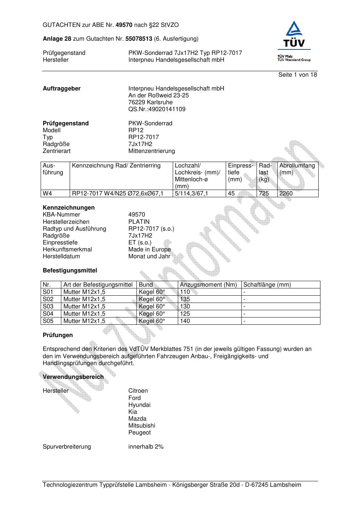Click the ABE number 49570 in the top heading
pos(124,25)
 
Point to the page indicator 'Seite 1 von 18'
pos(297,75)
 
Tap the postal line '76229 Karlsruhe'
pos(150,102)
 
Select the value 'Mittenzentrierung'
pos(151,151)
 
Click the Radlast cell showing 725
pos(264,194)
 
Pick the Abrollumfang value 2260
pos(286,194)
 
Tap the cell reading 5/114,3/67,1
pos(191,194)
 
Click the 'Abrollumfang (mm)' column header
pos(297,169)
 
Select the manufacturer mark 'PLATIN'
pos(139,222)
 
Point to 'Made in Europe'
pos(149,250)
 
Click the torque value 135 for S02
pos(185,299)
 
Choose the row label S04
pos(48,314)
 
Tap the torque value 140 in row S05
pos(185,321)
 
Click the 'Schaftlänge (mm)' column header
pos(267,285)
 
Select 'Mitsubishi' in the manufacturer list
pos(142,426)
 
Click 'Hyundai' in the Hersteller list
pos(139,405)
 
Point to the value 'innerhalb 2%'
pos(146,447)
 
